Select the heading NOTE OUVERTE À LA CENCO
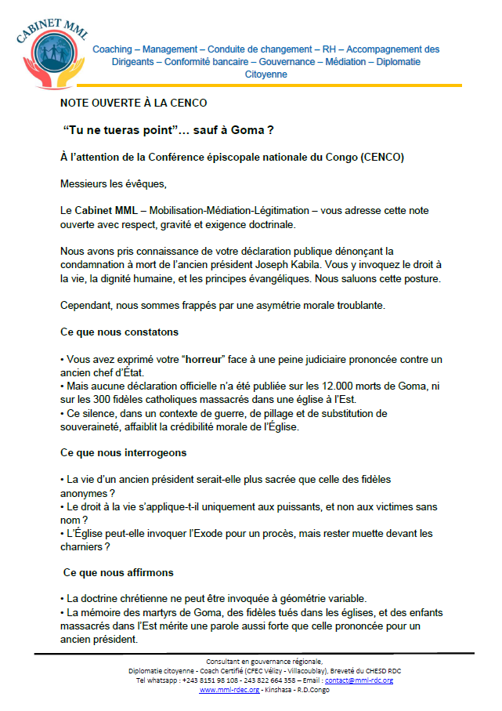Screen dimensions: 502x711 (133, 103)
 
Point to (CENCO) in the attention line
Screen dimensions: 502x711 (383, 158)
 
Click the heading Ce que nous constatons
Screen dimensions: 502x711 (119, 332)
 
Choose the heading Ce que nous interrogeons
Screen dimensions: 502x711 (123, 453)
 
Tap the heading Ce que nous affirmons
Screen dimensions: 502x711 (118, 572)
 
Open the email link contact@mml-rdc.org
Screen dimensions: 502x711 (358, 680)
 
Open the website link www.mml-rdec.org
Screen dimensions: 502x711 (230, 690)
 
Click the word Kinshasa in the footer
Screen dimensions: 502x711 (280, 690)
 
